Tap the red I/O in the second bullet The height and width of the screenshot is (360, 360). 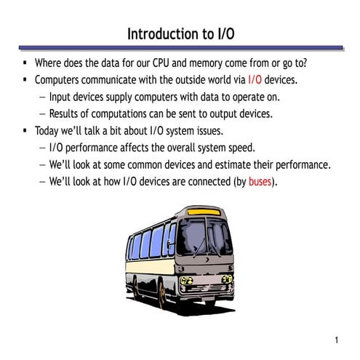click(255, 79)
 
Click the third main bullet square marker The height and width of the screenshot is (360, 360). click(25, 131)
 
